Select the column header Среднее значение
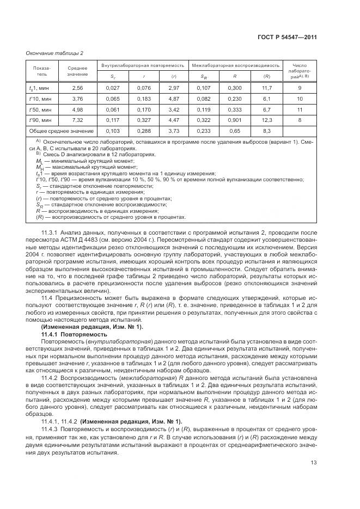click(x=77, y=70)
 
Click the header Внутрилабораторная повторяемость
click(x=143, y=65)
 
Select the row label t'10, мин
click(x=40, y=99)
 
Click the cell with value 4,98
click(x=77, y=109)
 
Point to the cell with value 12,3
click(x=267, y=120)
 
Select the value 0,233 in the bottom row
click(x=204, y=131)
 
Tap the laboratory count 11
click(x=300, y=109)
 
